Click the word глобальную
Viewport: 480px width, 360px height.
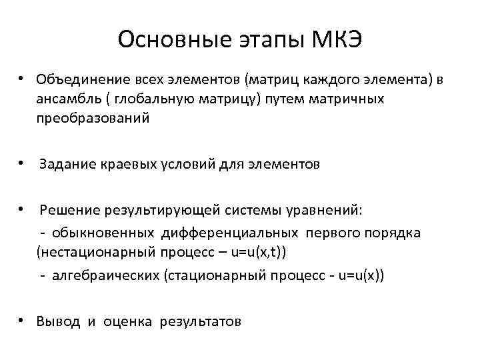click(x=147, y=100)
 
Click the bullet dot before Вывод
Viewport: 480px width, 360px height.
click(x=23, y=321)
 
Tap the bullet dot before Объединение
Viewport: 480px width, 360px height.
click(x=23, y=80)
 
